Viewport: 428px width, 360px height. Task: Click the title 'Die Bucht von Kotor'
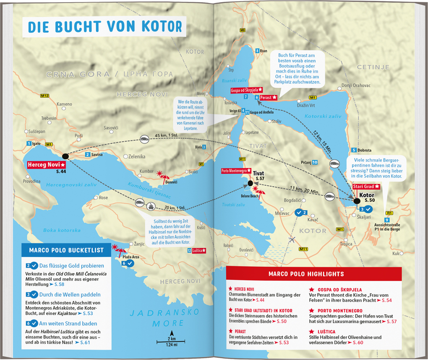tap(105, 26)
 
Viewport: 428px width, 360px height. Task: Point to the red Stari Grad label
tap(366, 186)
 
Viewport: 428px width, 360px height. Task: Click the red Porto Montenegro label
tap(236, 171)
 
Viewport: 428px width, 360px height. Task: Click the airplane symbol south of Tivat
tap(292, 240)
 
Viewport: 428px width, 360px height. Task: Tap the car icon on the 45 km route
tap(144, 138)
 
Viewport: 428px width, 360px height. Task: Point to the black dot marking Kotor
tap(357, 201)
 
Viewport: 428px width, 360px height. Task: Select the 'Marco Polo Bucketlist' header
tap(66, 250)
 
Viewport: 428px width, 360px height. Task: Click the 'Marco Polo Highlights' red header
tap(313, 274)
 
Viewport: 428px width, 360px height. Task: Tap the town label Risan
tap(263, 51)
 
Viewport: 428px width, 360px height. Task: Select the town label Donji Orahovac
tap(356, 85)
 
